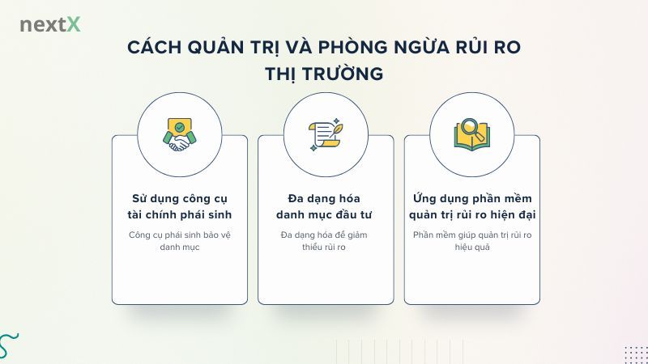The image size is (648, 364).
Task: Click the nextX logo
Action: tap(50, 24)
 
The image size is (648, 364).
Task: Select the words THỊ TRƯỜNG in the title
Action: tap(324, 73)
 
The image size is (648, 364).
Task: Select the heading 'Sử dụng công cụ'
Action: tap(180, 198)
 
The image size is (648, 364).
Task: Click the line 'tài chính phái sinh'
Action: tap(180, 215)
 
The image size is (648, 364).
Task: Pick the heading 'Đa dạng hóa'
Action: tap(325, 198)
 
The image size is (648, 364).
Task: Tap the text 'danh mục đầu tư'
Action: tap(325, 215)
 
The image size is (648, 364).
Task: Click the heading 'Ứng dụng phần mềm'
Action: tap(471, 198)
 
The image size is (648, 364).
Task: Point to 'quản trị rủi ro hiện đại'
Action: tap(471, 215)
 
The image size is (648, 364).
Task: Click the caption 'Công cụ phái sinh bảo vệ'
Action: tap(180, 235)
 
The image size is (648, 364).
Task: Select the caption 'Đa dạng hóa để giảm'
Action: tap(325, 235)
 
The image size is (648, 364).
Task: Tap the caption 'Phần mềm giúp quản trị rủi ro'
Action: tap(471, 235)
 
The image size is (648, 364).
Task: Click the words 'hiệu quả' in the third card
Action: tap(471, 248)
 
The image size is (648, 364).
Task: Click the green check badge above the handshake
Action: tap(179, 127)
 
